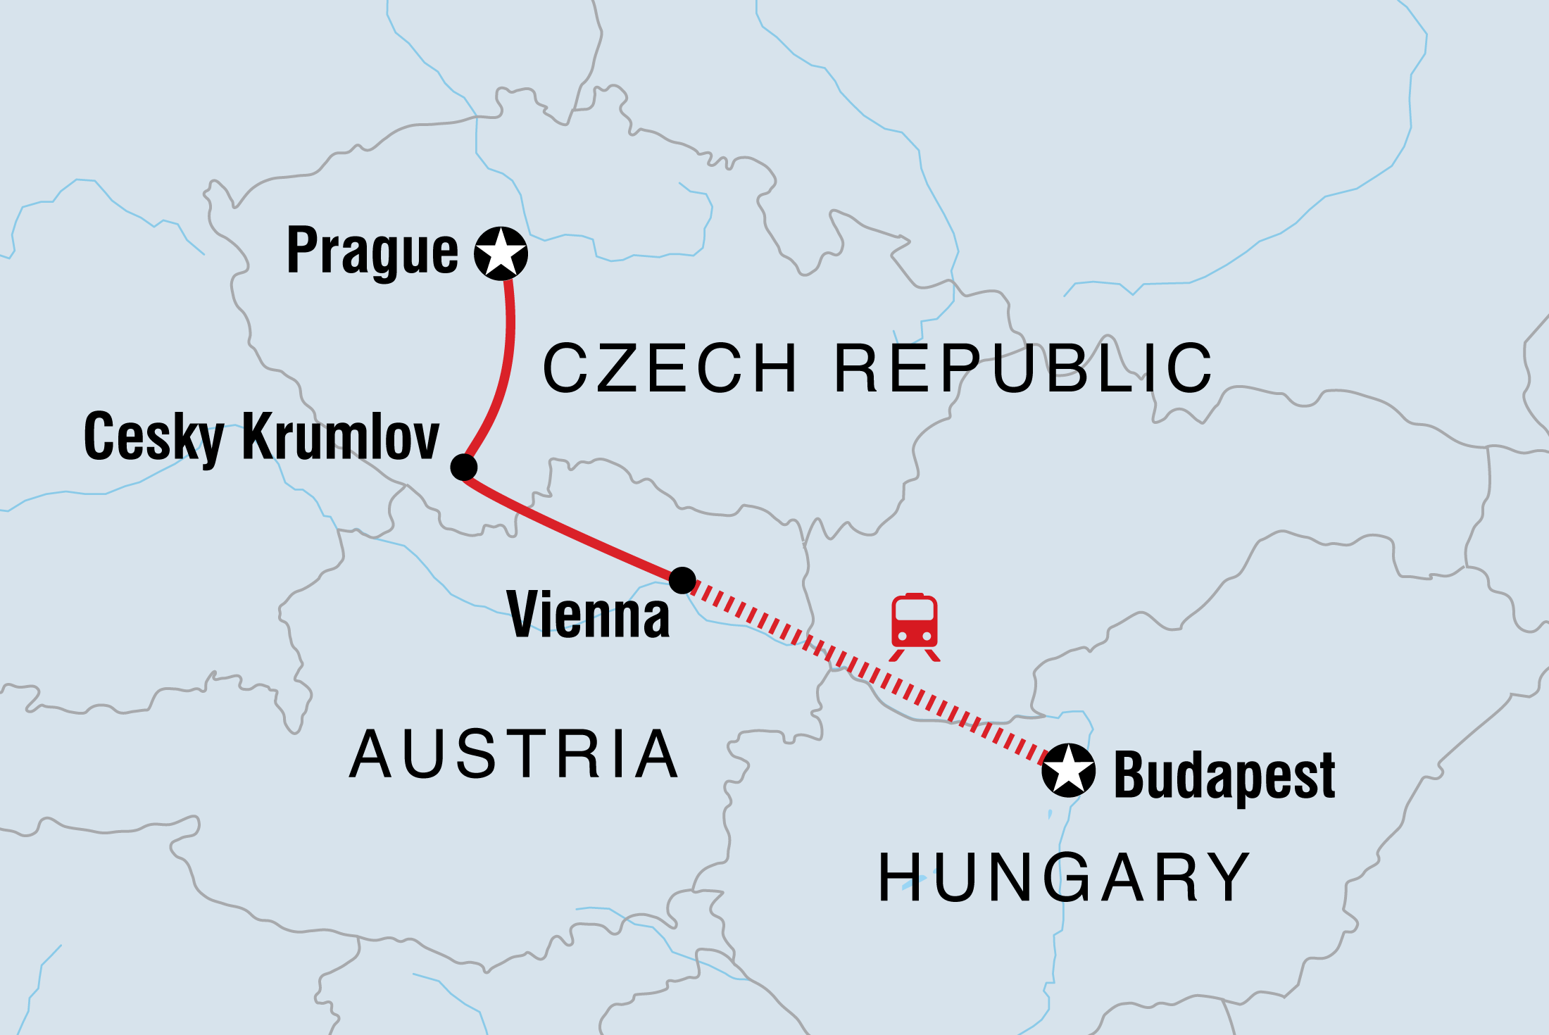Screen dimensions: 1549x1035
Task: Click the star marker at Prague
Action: (501, 253)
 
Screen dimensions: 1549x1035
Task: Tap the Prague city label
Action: (372, 251)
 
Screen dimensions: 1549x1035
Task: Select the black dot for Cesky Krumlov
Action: (463, 467)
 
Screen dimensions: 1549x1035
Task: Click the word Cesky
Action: (153, 438)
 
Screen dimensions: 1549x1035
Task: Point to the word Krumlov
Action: (341, 437)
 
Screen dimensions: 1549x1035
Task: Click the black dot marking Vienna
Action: (682, 581)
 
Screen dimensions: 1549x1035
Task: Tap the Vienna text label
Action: (588, 615)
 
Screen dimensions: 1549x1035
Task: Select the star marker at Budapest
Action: (1068, 770)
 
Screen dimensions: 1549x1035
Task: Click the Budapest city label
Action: (1224, 776)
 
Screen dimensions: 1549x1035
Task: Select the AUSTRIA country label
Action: (514, 755)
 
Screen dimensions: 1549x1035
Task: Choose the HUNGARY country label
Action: (1063, 877)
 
